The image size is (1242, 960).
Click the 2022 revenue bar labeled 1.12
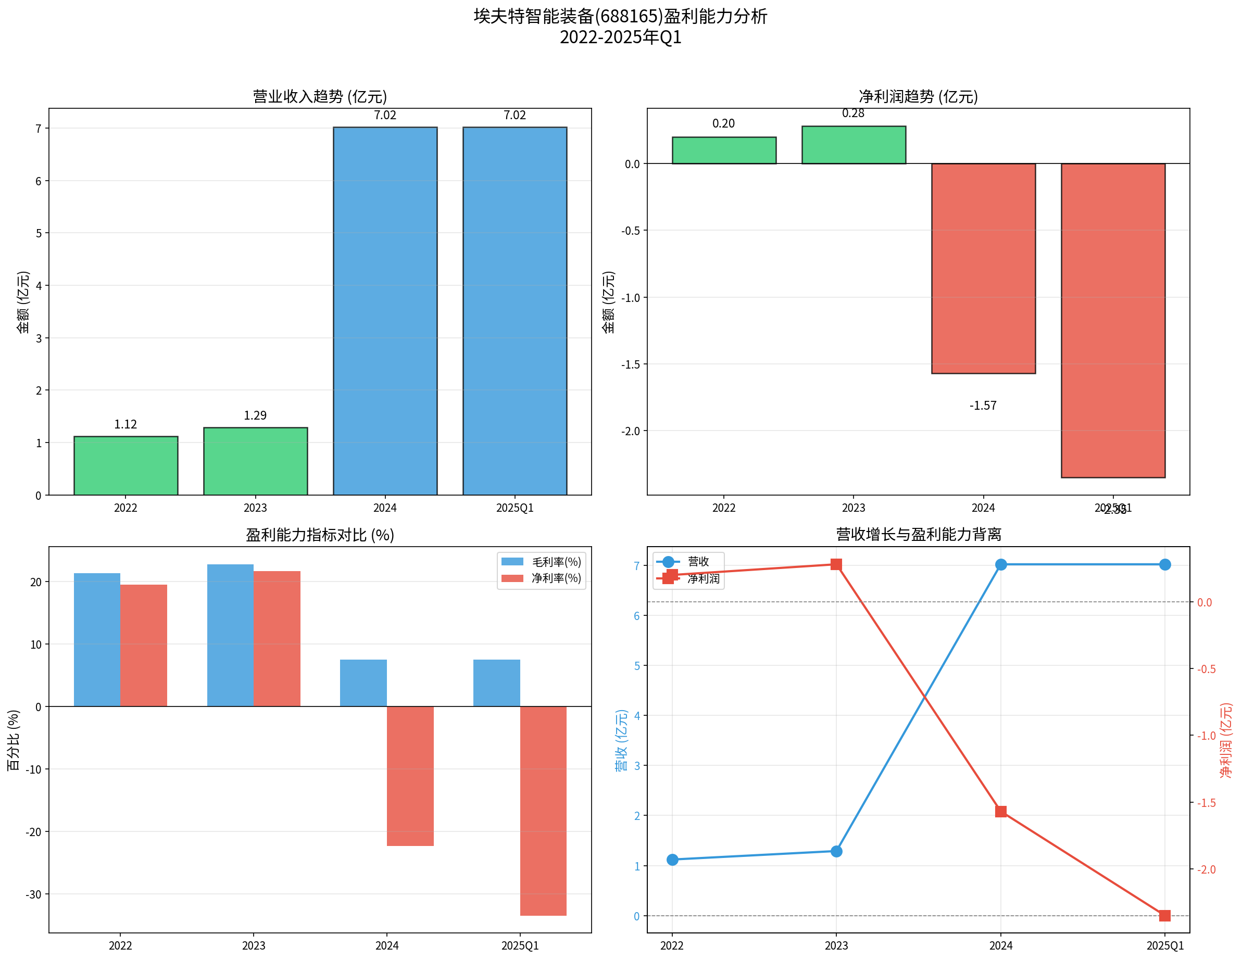[126, 465]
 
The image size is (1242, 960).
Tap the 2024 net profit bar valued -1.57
[983, 268]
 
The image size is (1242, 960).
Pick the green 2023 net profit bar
[854, 145]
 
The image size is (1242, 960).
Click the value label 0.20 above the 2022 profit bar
[723, 123]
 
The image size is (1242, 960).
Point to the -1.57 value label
[983, 405]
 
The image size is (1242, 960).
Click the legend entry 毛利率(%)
[556, 562]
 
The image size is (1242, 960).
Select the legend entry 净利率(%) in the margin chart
[556, 578]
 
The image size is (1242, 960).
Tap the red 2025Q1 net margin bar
[543, 810]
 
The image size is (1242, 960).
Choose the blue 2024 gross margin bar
[363, 683]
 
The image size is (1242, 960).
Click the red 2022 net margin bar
[143, 645]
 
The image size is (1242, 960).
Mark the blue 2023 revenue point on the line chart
[836, 851]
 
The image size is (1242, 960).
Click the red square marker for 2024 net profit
[1001, 811]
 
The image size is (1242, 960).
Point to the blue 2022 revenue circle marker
[672, 860]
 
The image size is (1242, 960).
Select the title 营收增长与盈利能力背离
[919, 534]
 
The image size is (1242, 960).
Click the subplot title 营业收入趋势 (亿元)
[320, 96]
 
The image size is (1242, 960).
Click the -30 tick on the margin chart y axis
[33, 894]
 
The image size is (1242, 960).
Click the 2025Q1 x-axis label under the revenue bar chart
[515, 508]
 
